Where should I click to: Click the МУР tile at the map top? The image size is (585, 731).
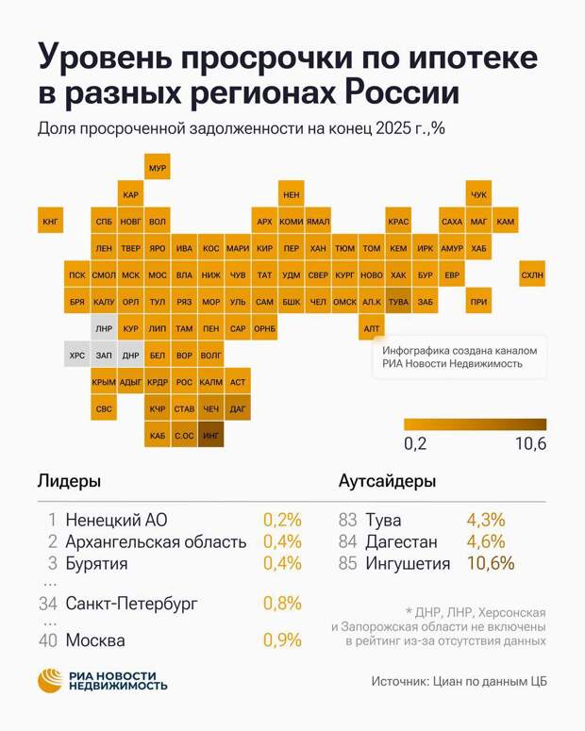coord(158,168)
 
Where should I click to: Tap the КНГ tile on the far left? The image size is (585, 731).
coord(50,223)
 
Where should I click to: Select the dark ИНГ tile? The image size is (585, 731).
coord(211,436)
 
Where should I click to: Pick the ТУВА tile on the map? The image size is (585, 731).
coord(398,302)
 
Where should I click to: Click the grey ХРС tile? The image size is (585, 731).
coord(76,356)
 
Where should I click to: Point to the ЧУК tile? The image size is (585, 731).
coord(478,194)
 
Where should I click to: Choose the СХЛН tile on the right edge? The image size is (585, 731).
coord(532,275)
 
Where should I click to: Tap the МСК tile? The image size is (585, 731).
coord(131,275)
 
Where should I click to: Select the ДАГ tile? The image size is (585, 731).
coord(238,409)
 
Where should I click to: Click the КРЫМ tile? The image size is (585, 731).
coord(104,382)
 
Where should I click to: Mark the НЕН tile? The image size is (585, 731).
coord(292,194)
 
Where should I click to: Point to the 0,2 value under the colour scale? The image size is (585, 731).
coord(415,444)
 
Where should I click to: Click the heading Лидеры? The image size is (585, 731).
coord(69,481)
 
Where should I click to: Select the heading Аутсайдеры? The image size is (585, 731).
coord(387,481)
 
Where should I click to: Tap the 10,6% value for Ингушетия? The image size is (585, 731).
coord(491,564)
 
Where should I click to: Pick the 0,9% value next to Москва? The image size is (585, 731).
coord(281,640)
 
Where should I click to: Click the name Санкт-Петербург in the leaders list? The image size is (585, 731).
coord(132,603)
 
